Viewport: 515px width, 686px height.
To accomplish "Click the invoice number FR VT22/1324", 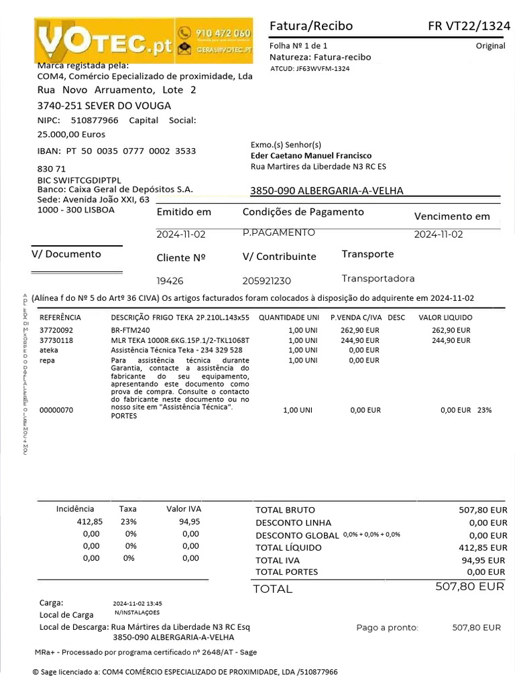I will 469,26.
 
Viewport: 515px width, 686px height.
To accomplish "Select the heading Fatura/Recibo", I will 310,26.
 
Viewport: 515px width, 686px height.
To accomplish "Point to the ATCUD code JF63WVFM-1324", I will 309,69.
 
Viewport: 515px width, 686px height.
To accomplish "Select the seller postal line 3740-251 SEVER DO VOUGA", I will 104,106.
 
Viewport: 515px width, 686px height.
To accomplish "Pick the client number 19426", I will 170,281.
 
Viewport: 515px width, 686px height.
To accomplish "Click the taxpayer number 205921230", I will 266,281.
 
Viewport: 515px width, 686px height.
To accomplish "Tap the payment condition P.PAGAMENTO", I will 278,232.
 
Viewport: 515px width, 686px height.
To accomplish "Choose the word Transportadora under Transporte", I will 378,279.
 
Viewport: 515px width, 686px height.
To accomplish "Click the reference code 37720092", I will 56,330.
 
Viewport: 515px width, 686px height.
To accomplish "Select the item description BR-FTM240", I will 130,330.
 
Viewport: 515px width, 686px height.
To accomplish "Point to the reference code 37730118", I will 56,340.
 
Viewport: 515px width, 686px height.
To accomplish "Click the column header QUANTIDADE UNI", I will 288,318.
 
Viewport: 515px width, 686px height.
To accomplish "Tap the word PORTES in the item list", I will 123,416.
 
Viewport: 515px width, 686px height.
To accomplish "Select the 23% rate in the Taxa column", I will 128,521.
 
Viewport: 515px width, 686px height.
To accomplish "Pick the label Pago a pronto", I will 387,628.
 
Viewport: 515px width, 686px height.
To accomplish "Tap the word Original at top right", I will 490,46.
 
